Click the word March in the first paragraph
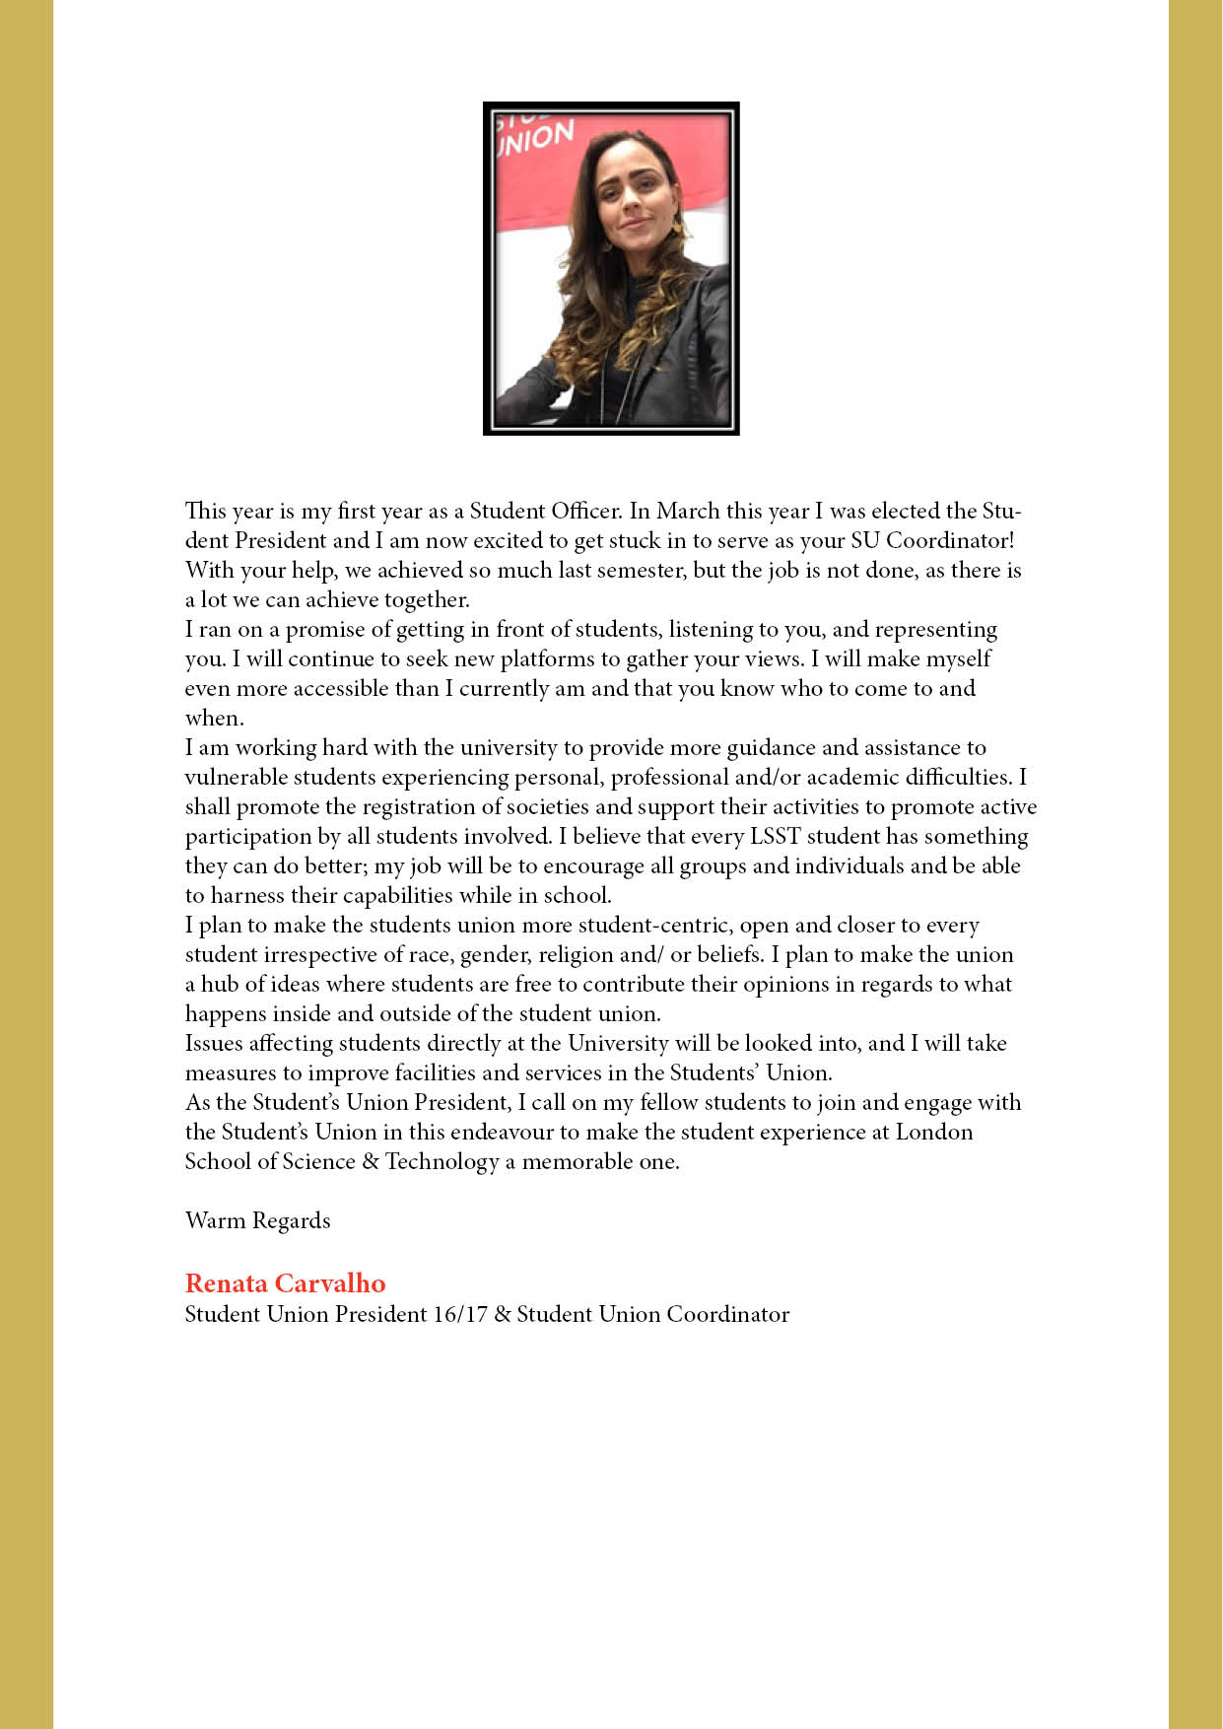tap(688, 511)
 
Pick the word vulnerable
tap(236, 777)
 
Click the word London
tap(933, 1132)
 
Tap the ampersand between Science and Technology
tap(370, 1161)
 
